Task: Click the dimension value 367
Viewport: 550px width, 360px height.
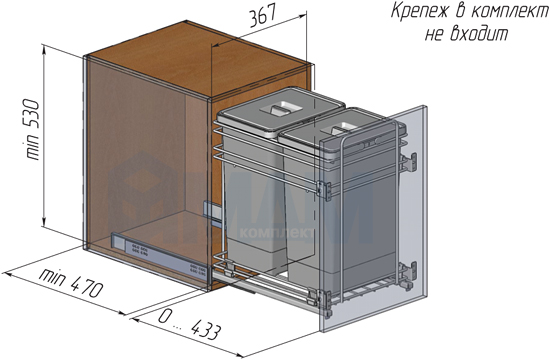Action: coord(263,16)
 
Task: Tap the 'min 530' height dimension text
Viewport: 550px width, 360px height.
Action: coord(32,130)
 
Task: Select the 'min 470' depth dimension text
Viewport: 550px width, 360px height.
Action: coord(71,283)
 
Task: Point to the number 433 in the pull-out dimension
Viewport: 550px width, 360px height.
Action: coord(207,329)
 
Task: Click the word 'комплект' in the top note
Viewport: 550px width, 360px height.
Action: coord(509,11)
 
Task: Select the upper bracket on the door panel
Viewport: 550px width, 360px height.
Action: coord(410,162)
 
